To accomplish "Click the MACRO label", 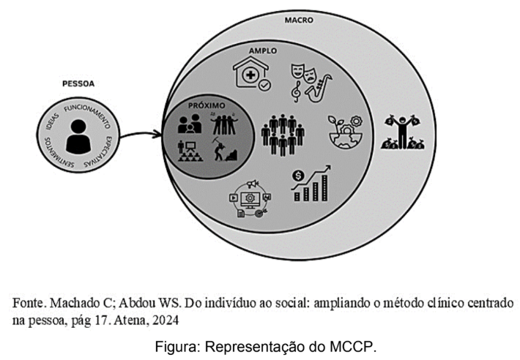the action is [x=299, y=20].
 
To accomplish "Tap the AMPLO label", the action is [x=263, y=50].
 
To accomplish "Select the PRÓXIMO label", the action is [x=207, y=105].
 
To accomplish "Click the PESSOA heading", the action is [x=78, y=84].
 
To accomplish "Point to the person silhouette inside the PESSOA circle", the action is [x=78, y=136].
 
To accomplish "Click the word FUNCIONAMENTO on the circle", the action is [x=88, y=115].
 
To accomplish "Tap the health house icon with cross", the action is [x=252, y=73].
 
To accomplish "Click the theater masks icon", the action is [x=302, y=73].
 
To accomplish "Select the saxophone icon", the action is [x=319, y=89].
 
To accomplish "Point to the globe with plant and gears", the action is [x=345, y=132].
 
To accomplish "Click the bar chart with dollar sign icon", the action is [x=311, y=183].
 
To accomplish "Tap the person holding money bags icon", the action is [x=403, y=132].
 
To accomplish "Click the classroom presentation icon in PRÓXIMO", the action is [x=190, y=151].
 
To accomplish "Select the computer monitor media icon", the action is [x=250, y=199].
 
